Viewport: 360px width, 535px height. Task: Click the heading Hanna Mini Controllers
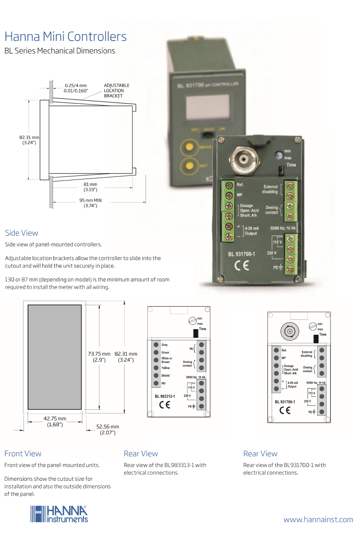pyautogui.click(x=65, y=37)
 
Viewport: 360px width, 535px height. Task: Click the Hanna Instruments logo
pyautogui.click(x=59, y=514)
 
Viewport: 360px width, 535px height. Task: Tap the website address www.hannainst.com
pyautogui.click(x=318, y=520)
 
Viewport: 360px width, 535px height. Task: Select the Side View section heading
pyautogui.click(x=22, y=233)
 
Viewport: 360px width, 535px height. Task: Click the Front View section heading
pyautogui.click(x=23, y=454)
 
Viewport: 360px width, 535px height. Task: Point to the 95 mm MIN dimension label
pyautogui.click(x=90, y=203)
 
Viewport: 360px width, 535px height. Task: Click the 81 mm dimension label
pyautogui.click(x=90, y=187)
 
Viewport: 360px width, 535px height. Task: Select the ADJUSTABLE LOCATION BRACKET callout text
pyautogui.click(x=116, y=91)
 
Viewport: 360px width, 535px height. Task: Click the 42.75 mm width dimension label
pyautogui.click(x=55, y=421)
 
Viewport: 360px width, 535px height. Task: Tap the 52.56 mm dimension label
pyautogui.click(x=108, y=430)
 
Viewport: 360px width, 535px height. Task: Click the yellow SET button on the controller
pyautogui.click(x=188, y=165)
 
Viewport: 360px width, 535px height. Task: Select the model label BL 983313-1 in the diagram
pyautogui.click(x=165, y=395)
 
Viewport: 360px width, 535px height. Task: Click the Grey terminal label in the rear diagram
pyautogui.click(x=165, y=345)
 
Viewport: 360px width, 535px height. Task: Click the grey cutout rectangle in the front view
pyautogui.click(x=55, y=357)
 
